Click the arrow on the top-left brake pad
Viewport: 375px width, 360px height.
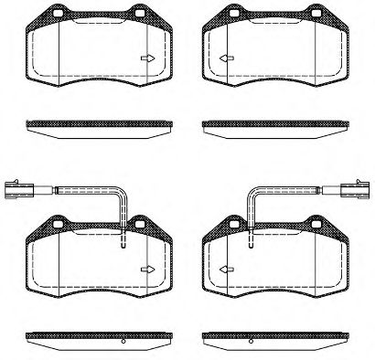(x=146, y=60)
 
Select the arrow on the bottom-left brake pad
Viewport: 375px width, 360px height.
(x=146, y=269)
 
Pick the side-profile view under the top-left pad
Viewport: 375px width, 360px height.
(x=98, y=125)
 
